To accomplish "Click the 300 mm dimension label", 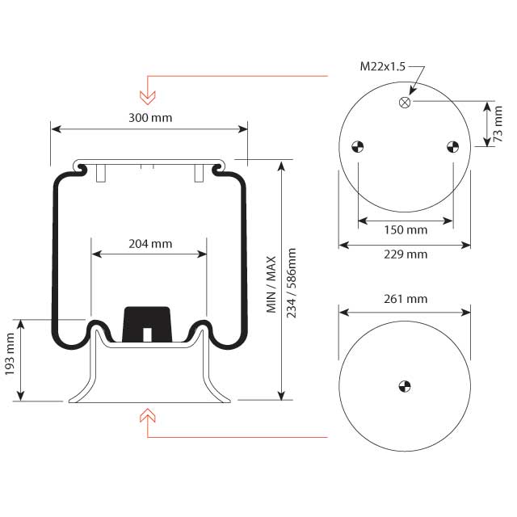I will (149, 117).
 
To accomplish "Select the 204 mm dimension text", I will (149, 243).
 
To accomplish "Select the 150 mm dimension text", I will (405, 230).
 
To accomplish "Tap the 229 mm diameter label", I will (405, 254).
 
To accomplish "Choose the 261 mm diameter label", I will (405, 299).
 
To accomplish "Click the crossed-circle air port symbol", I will (405, 102).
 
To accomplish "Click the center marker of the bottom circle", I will (405, 385).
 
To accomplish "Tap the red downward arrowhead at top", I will (147, 97).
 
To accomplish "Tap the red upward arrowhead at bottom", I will (147, 415).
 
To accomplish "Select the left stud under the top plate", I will (100, 173).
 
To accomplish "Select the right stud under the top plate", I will (198, 173).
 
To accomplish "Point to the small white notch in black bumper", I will (146, 334).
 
